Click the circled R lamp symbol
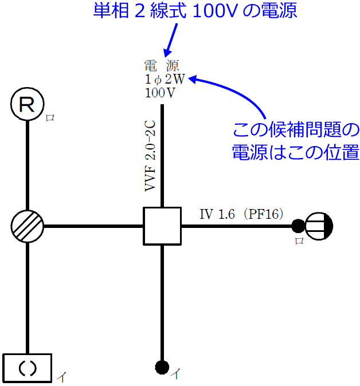[27, 105]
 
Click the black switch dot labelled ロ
[298, 226]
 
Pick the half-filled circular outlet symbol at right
[319, 226]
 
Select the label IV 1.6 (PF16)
[241, 215]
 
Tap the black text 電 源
[162, 66]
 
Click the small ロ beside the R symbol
[50, 118]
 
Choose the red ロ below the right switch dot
[299, 241]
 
